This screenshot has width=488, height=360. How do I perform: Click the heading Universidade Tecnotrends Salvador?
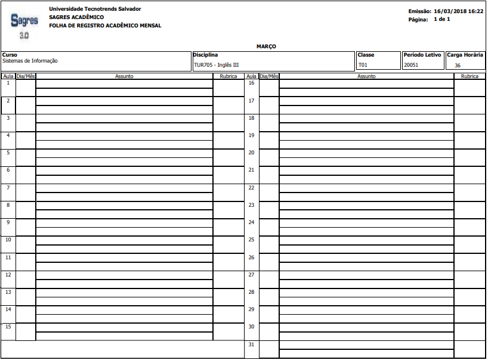pos(95,9)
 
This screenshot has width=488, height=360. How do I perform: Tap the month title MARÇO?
pos(266,46)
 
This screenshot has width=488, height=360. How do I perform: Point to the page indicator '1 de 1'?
pos(441,20)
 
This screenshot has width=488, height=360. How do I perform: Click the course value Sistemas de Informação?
pos(30,61)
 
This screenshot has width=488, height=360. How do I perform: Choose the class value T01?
pos(363,65)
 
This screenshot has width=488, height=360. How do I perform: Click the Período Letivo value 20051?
pos(411,65)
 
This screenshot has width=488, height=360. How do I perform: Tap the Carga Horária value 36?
pos(458,66)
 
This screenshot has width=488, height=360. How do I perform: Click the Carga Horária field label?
pos(465,55)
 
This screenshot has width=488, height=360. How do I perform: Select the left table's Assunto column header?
pos(124,76)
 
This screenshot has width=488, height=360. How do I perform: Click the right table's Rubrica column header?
pos(470,76)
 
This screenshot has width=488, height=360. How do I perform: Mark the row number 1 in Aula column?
pos(8,83)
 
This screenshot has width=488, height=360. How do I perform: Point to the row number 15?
pos(8,327)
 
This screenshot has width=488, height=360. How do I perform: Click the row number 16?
pos(251,83)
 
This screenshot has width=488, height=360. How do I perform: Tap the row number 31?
pos(251,345)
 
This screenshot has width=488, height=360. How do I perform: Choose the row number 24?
pos(251,222)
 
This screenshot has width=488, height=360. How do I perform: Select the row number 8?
pos(8,205)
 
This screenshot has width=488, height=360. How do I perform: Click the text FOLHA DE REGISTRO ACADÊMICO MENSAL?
pos(105,26)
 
